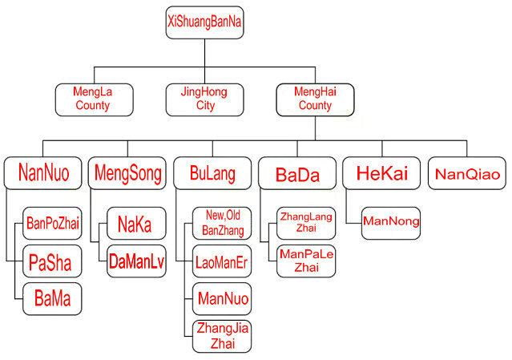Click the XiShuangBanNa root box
pyautogui.click(x=204, y=22)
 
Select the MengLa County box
pyautogui.click(x=93, y=99)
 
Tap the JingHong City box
pyautogui.click(x=205, y=99)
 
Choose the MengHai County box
pyautogui.click(x=315, y=99)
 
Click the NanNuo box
pyautogui.click(x=42, y=172)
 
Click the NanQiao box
pyautogui.click(x=468, y=172)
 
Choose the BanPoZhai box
pyautogui.click(x=52, y=223)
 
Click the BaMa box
pyautogui.click(x=52, y=298)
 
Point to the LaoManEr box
pyautogui.click(x=222, y=261)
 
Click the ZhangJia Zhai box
pyautogui.click(x=222, y=336)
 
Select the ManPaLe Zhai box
pyautogui.click(x=306, y=261)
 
